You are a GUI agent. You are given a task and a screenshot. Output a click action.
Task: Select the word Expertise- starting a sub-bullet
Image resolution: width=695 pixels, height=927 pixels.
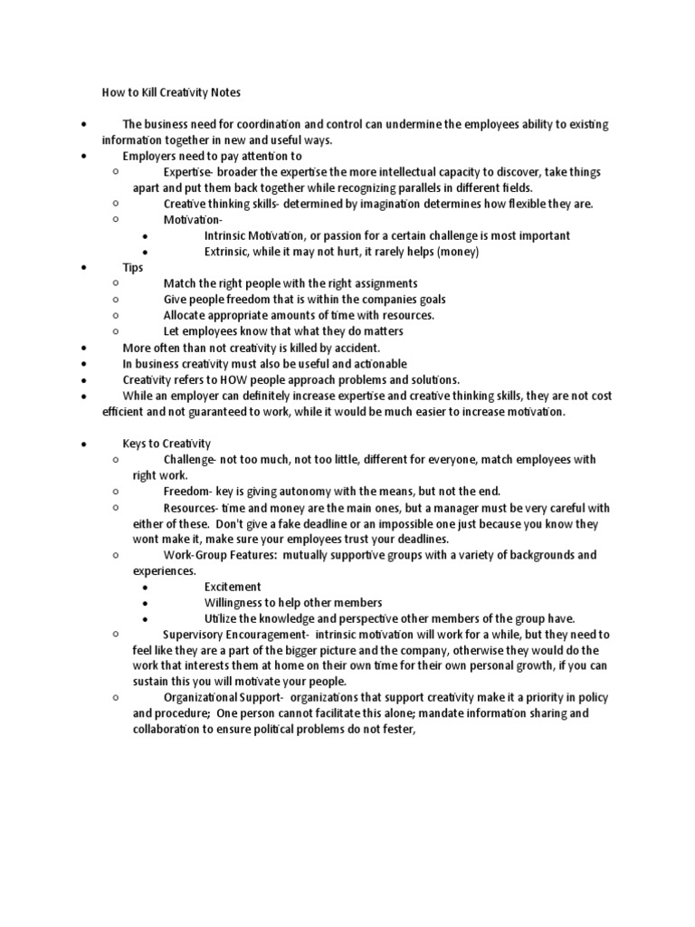pos(189,172)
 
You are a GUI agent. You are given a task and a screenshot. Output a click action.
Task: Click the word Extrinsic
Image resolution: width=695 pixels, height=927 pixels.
pos(229,252)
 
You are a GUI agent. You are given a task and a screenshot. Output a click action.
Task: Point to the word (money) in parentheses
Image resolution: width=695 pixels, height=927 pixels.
pos(456,252)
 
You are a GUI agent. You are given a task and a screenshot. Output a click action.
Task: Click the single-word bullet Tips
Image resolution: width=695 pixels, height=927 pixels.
pos(133,268)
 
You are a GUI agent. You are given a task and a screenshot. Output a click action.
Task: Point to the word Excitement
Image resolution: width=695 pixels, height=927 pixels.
pos(233,587)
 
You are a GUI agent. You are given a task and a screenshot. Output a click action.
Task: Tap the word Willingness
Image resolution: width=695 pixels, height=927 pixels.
pos(234,603)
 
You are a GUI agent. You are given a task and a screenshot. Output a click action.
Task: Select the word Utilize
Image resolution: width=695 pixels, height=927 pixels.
pos(220,618)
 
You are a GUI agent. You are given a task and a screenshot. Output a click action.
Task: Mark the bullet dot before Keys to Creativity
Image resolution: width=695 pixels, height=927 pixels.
pos(82,444)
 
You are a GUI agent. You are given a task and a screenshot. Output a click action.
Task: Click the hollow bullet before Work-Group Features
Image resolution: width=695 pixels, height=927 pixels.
pos(117,554)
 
